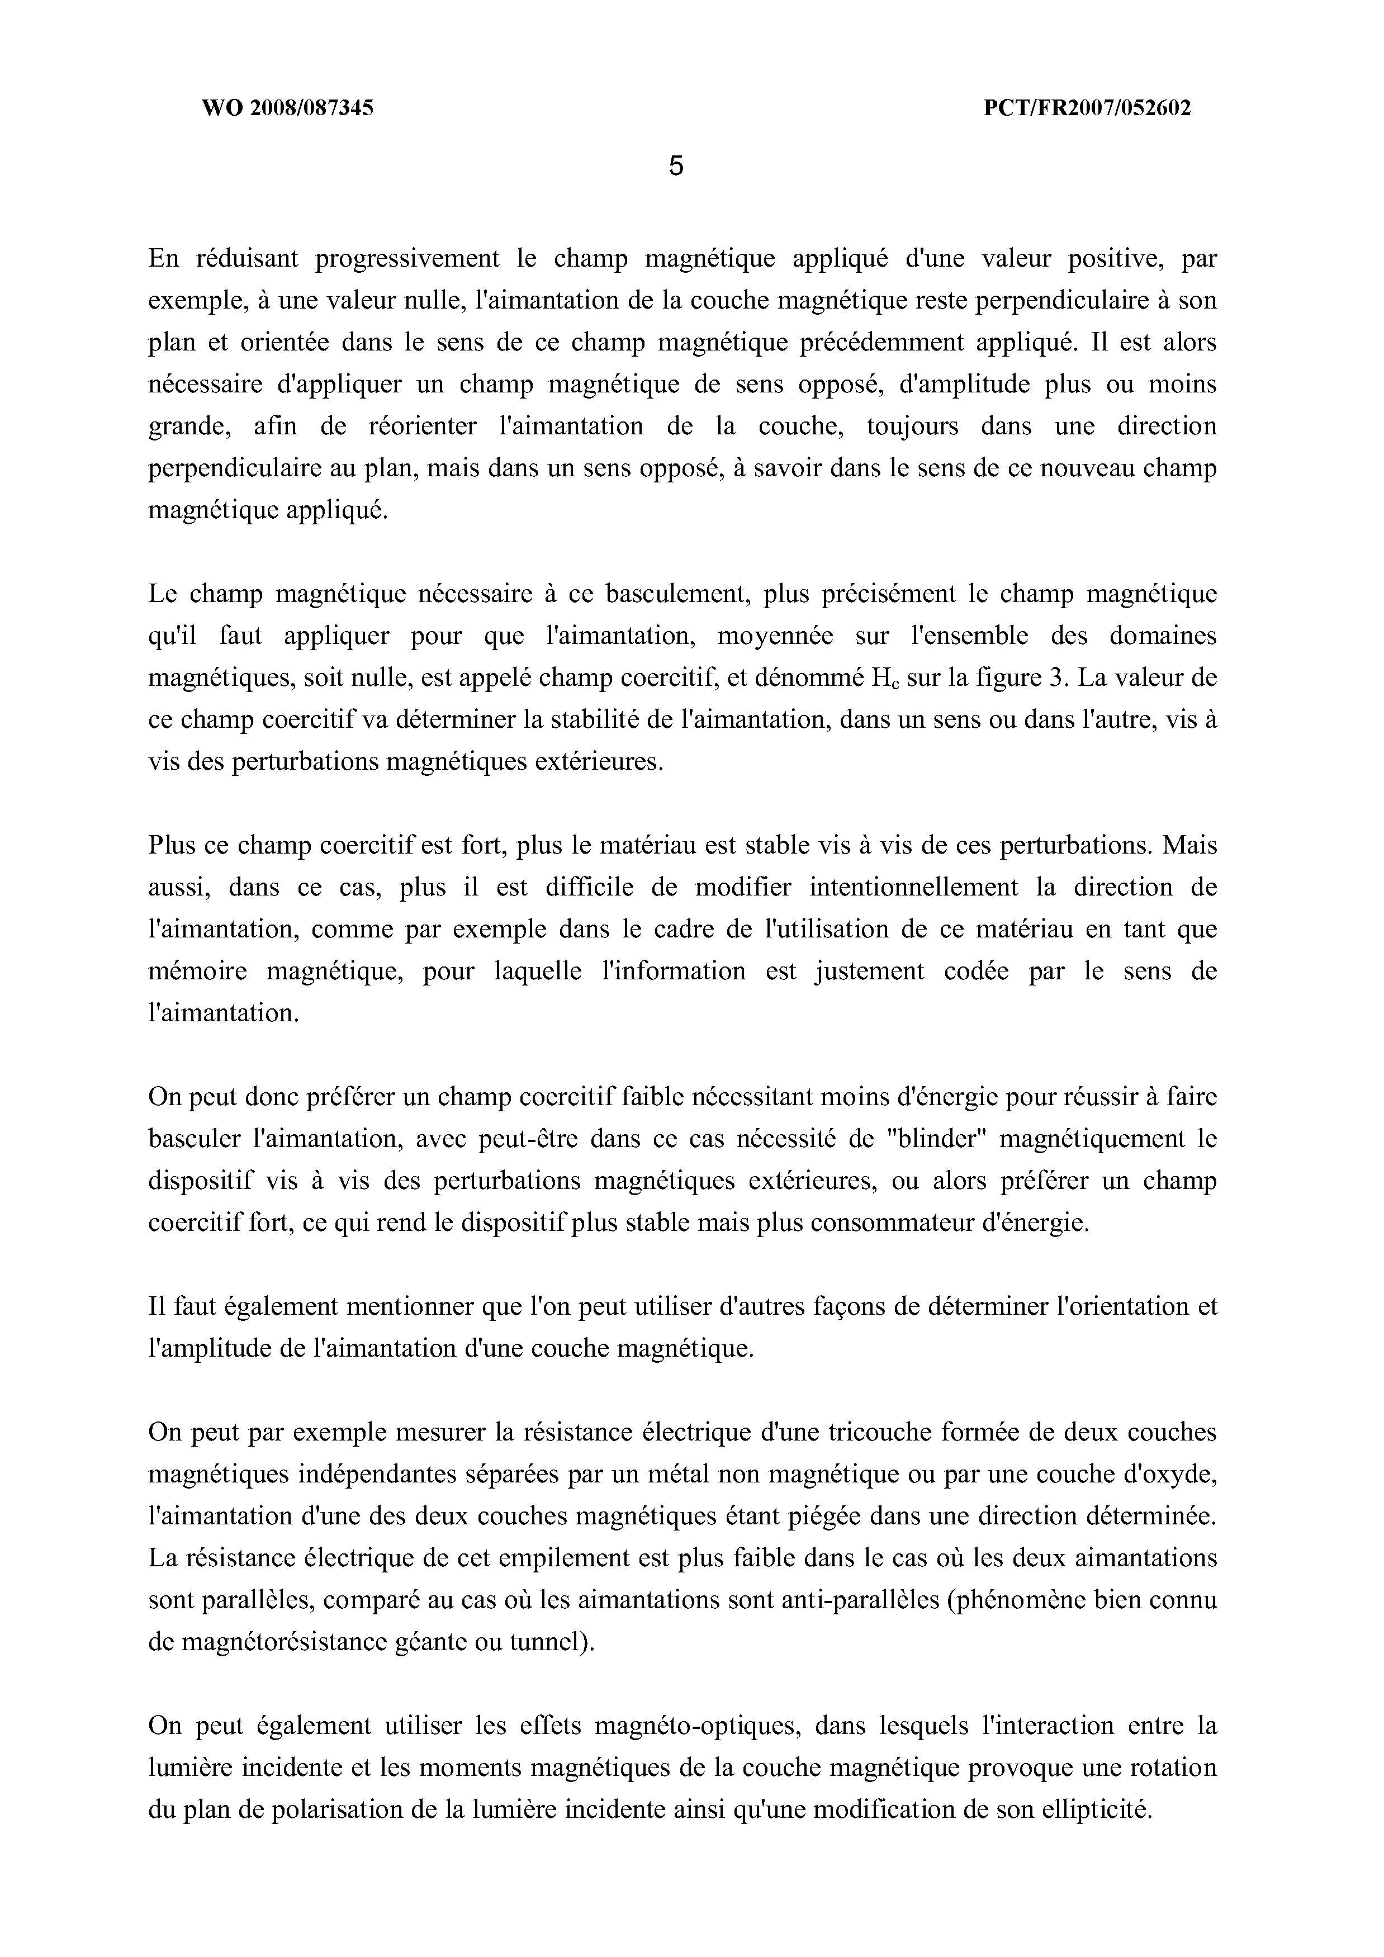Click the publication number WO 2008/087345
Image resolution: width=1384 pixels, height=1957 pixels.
point(287,108)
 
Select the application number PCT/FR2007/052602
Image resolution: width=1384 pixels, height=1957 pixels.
point(1087,108)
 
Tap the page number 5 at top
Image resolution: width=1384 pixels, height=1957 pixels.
point(676,166)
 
